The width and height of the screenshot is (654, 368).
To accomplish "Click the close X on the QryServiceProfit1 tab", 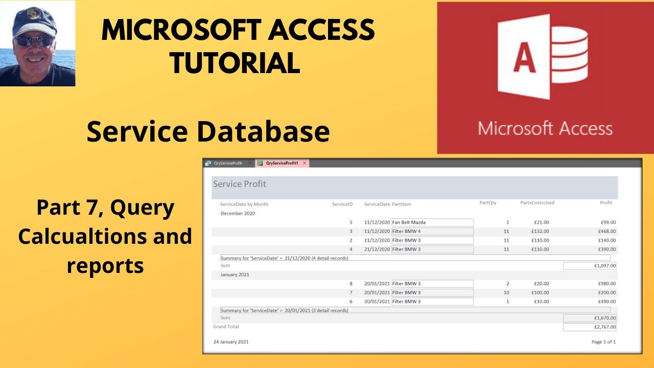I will click(x=305, y=163).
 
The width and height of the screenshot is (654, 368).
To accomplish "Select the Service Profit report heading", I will click(x=240, y=184).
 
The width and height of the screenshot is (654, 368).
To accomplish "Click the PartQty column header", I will click(x=487, y=203).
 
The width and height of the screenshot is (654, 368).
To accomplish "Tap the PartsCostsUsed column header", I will click(x=537, y=203).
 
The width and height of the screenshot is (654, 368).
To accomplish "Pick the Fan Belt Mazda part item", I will click(x=432, y=222).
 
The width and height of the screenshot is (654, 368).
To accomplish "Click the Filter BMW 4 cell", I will click(x=432, y=232).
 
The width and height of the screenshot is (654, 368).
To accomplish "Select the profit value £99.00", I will click(x=608, y=222).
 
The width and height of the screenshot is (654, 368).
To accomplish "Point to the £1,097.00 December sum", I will click(x=590, y=266).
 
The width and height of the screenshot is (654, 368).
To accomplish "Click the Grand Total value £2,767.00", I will click(x=590, y=327).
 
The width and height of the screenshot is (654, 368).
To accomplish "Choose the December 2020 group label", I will click(x=238, y=213).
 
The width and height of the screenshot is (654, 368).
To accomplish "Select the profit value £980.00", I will click(x=608, y=284).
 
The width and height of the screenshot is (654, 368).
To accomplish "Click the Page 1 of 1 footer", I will click(x=603, y=341).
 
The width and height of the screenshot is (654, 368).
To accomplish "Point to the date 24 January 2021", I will click(x=231, y=341).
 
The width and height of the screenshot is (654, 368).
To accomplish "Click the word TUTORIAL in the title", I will click(x=235, y=62).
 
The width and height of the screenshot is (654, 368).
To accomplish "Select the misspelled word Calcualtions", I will click(x=105, y=236).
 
